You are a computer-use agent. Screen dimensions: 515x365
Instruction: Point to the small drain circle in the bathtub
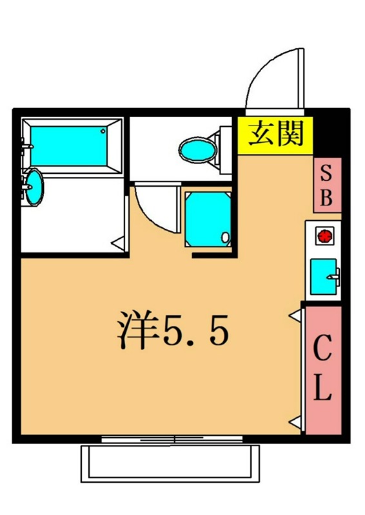point(103,131)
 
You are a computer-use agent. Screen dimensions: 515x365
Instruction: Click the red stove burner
point(323,236)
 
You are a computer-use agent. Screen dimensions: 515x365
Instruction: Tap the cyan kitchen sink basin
point(324,275)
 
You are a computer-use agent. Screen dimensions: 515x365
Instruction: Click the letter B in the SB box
point(327,197)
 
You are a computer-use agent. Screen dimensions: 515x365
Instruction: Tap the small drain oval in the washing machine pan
point(225,238)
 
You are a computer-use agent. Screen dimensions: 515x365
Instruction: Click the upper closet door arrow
point(295,315)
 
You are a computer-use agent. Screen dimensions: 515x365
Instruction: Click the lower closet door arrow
point(295,422)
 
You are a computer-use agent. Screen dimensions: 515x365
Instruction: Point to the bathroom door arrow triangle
point(118,243)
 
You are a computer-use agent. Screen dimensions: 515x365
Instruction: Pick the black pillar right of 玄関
point(326,133)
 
